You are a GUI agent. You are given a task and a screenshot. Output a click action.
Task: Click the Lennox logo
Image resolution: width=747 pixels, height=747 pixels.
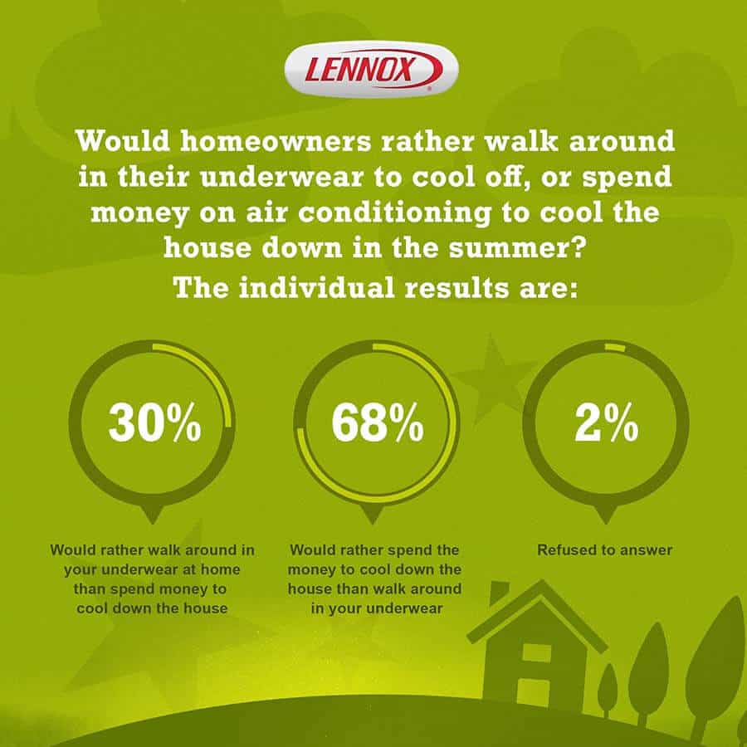[372, 70]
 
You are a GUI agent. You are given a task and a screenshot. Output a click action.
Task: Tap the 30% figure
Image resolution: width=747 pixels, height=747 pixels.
[155, 422]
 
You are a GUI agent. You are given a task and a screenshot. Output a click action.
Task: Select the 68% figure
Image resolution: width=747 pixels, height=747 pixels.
[378, 422]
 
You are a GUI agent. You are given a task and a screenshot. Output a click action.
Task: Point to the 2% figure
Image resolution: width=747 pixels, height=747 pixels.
[607, 422]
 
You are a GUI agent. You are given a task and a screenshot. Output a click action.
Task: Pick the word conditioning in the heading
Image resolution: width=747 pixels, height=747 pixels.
[394, 212]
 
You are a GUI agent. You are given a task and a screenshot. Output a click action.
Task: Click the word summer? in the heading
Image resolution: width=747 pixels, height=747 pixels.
[516, 248]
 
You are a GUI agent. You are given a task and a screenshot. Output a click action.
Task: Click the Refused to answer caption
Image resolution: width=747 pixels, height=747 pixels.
[604, 549]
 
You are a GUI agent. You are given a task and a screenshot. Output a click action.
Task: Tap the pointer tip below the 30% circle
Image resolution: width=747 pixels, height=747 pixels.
[153, 523]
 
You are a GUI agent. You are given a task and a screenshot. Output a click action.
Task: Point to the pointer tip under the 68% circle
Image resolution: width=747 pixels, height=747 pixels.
[372, 523]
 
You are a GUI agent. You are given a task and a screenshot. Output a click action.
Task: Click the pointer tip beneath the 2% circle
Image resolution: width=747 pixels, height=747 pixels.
[606, 523]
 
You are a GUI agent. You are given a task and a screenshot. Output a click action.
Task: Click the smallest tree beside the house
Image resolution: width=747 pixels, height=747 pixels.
[608, 690]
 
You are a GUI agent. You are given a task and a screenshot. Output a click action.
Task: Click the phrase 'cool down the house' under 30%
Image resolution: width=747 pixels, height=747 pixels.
[152, 608]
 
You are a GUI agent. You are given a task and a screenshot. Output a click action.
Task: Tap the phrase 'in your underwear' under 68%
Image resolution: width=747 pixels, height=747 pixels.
[376, 608]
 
